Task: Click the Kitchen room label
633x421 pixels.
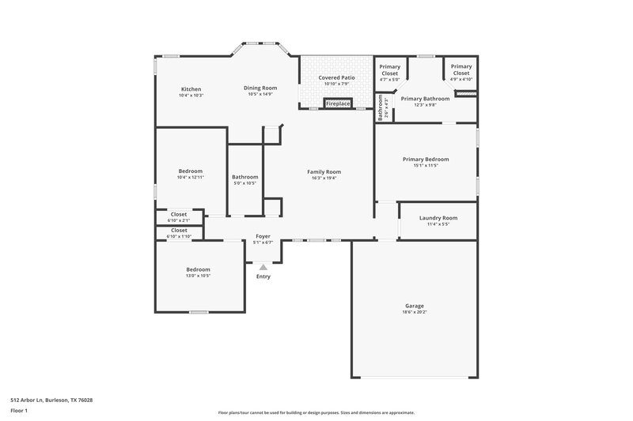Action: [x=191, y=88]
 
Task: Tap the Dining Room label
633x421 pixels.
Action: [x=260, y=88]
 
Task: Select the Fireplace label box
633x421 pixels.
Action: [x=338, y=103]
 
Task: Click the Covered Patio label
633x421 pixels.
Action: [x=336, y=78]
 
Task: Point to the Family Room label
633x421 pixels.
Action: [x=324, y=171]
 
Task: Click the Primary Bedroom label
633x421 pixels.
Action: [x=425, y=159]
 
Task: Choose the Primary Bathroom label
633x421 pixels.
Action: [x=425, y=99]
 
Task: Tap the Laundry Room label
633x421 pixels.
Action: [x=438, y=217]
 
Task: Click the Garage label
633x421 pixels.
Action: [x=415, y=306]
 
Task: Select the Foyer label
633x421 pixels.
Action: [x=263, y=236]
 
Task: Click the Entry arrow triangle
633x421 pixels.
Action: [x=263, y=268]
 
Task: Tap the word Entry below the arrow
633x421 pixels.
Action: [x=263, y=276]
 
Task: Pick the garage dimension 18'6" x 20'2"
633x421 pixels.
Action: [x=415, y=312]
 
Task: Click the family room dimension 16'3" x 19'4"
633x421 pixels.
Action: [x=324, y=178]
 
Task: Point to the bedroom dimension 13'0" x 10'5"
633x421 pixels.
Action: [x=198, y=276]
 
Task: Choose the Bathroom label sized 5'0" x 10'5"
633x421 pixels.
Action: [x=245, y=177]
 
